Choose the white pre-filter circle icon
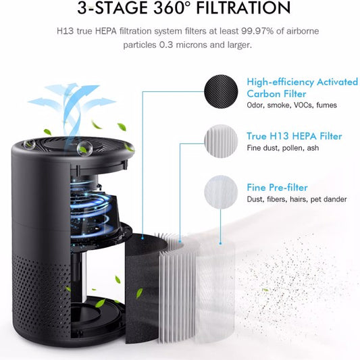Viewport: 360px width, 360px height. [x=222, y=190]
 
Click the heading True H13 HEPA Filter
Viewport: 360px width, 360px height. [x=294, y=136]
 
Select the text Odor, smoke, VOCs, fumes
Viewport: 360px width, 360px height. [x=291, y=105]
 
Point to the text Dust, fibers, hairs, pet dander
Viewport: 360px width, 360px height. [x=297, y=199]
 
